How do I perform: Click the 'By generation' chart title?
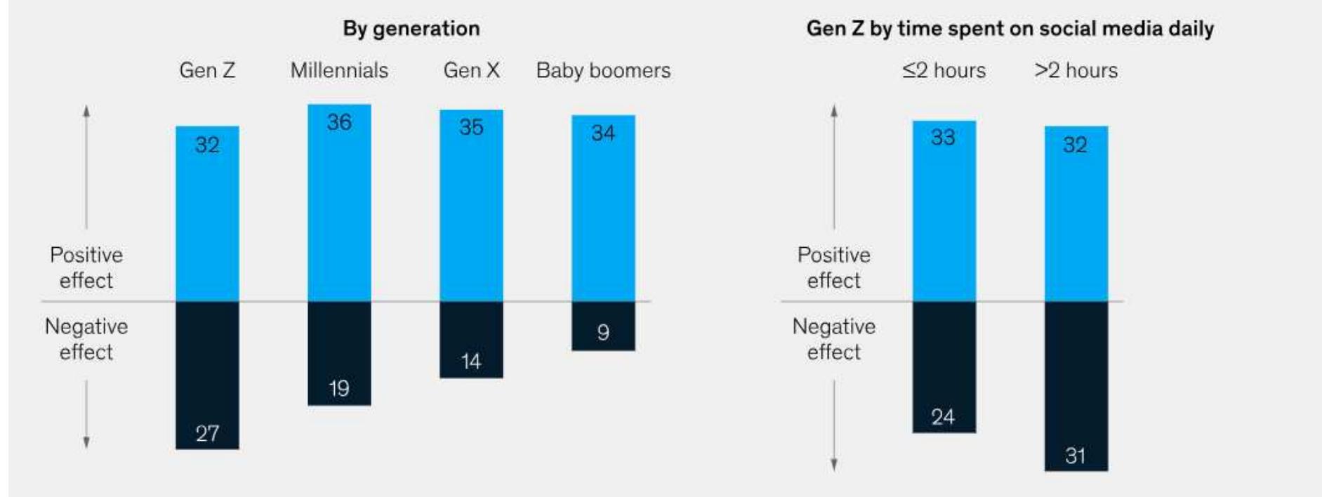point(411,29)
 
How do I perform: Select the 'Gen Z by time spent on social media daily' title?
point(1010,29)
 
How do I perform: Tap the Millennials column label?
point(339,70)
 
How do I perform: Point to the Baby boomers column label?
point(603,70)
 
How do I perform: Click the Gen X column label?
point(471,70)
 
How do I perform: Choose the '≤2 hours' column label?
point(944,70)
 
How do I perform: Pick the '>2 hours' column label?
point(1076,70)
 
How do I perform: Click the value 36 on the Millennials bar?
point(339,122)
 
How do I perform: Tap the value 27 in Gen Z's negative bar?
point(207,433)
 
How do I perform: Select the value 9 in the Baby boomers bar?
point(603,332)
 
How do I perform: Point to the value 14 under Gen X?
point(471,362)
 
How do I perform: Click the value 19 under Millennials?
point(339,388)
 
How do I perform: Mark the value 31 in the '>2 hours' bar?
point(1076,456)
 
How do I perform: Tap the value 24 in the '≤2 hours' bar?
point(943,417)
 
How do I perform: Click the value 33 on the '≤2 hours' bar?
point(943,137)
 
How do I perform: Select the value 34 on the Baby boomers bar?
point(603,133)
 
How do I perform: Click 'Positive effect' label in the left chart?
point(86,267)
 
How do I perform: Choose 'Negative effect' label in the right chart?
point(833,339)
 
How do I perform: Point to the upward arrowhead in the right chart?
point(834,111)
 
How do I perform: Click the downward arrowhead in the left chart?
point(86,442)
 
